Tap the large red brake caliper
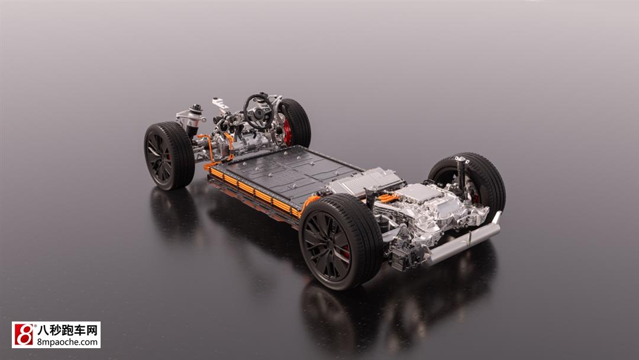288,131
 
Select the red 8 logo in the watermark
23,335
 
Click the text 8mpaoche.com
67,342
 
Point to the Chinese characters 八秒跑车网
67,330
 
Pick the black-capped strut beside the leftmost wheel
195,121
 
